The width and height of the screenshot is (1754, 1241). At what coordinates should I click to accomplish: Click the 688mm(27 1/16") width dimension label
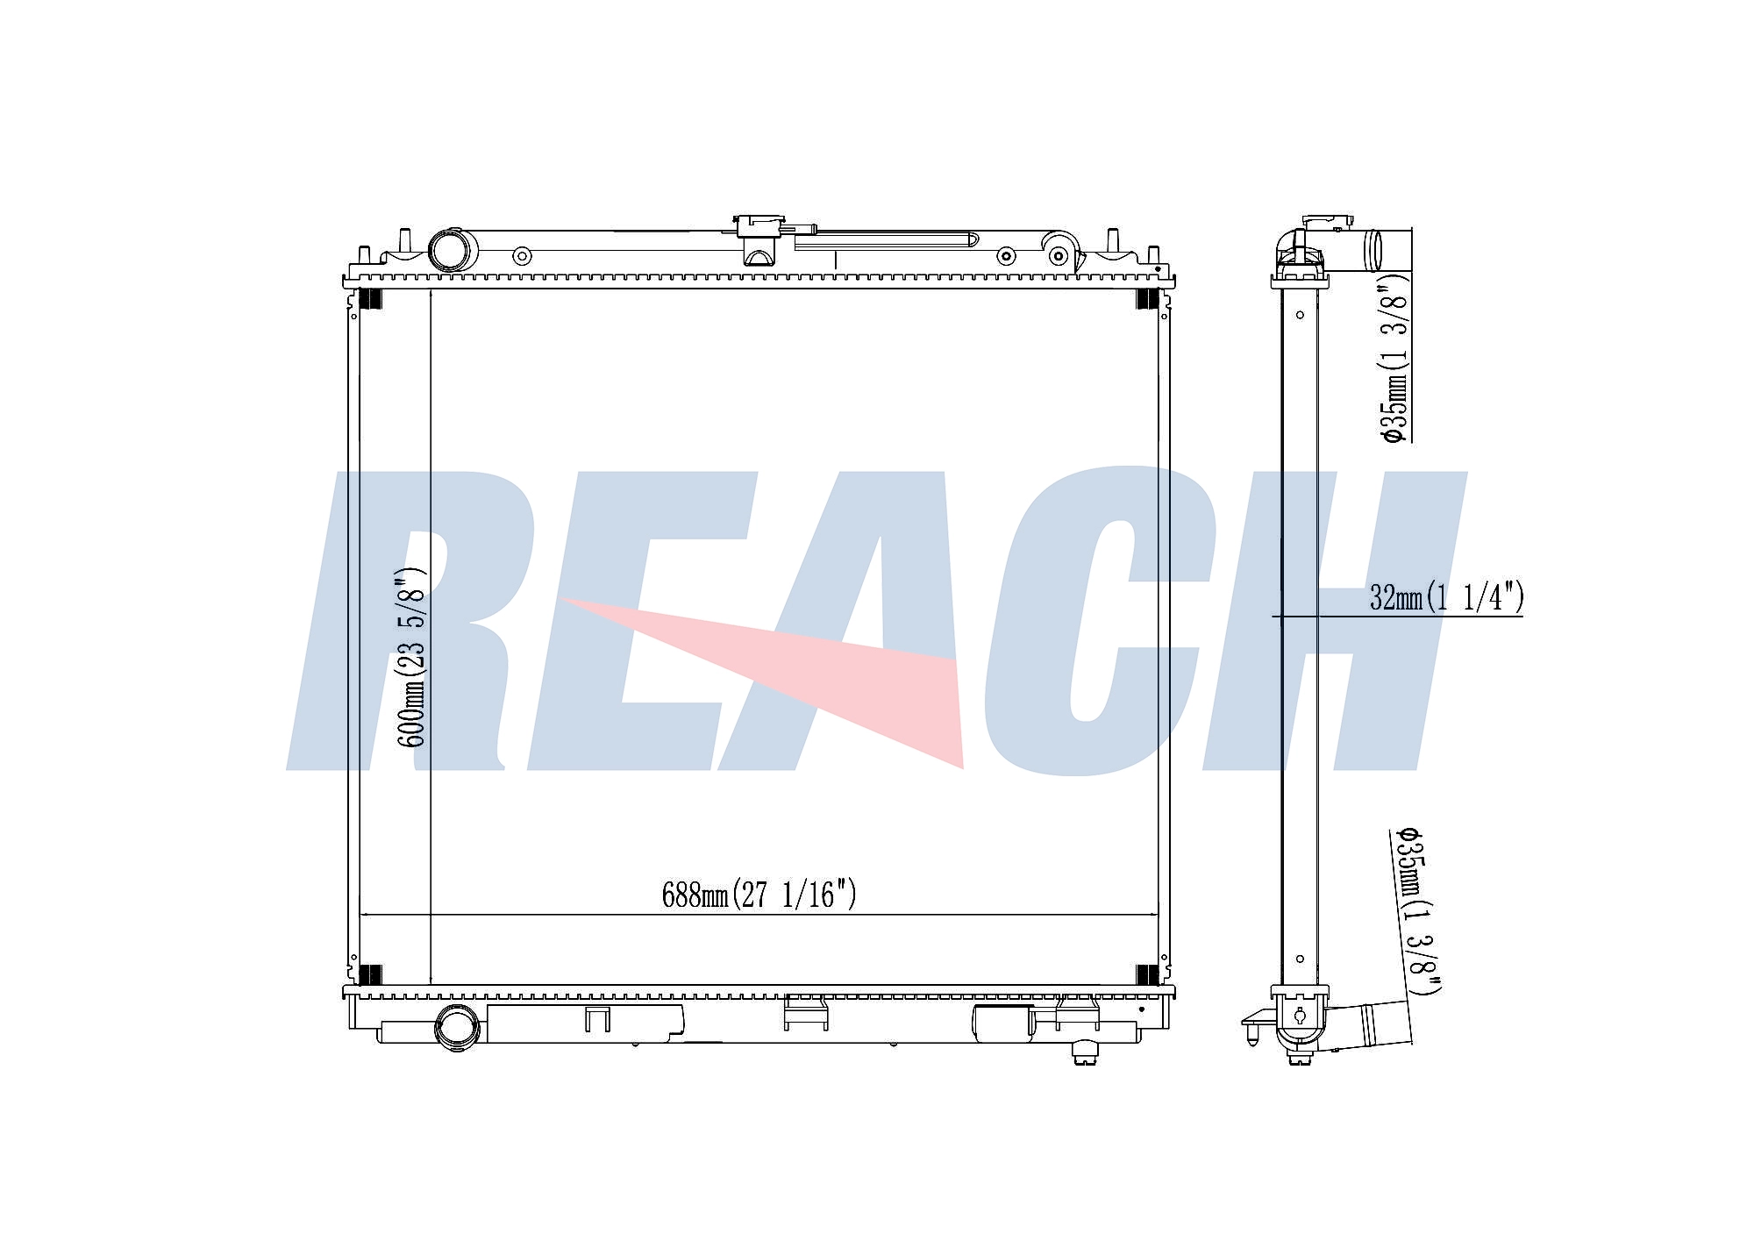coord(759,895)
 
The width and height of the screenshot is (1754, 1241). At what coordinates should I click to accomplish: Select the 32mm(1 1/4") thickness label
coord(1446,598)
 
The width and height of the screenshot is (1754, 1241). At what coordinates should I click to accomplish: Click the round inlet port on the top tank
coord(451,249)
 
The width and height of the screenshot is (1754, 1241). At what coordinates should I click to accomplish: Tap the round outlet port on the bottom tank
coord(457,1028)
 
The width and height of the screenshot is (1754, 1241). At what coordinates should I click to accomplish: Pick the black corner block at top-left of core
coord(371,299)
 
